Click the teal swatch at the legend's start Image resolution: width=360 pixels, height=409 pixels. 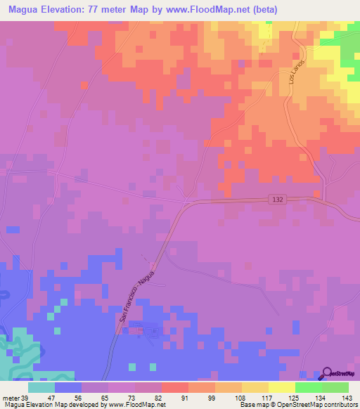pyautogui.click(x=41, y=387)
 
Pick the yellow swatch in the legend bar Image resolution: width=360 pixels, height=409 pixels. pyautogui.click(x=282, y=387)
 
